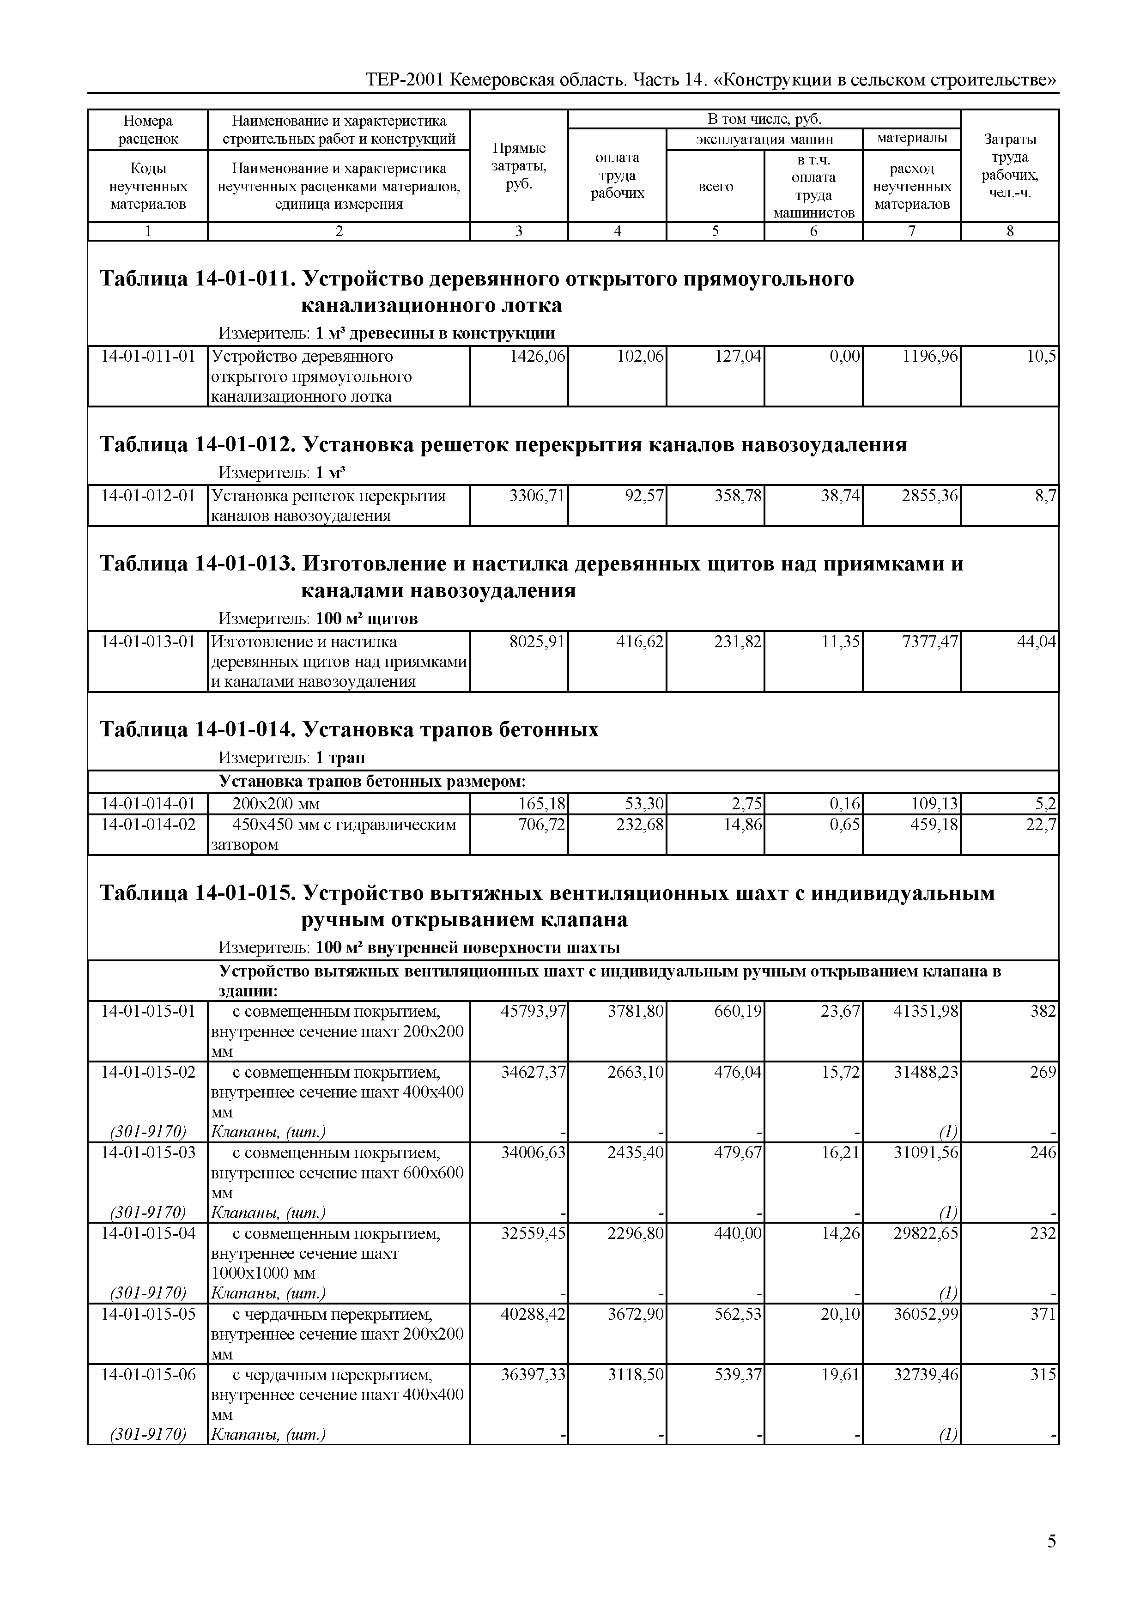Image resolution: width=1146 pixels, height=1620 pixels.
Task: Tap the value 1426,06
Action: click(x=537, y=356)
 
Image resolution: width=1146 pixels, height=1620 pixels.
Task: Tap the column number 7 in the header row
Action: click(x=912, y=231)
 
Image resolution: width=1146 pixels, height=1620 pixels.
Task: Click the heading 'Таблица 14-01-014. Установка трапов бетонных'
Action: click(x=349, y=729)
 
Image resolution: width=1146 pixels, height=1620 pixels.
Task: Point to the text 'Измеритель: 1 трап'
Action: click(x=291, y=758)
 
